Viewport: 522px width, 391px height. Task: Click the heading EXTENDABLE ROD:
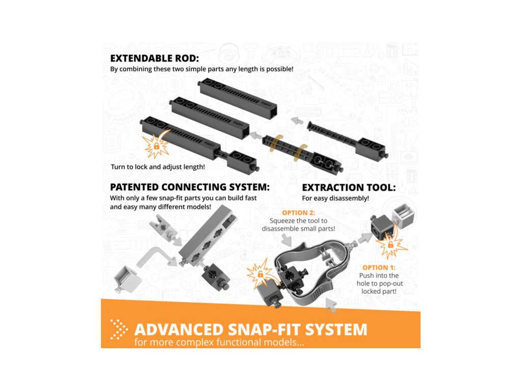pyautogui.click(x=154, y=58)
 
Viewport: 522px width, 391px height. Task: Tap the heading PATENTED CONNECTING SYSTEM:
pyautogui.click(x=190, y=187)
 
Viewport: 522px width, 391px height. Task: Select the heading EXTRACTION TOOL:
pyautogui.click(x=349, y=187)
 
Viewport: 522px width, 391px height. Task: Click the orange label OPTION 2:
pyautogui.click(x=299, y=213)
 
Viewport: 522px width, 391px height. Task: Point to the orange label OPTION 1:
pyautogui.click(x=379, y=268)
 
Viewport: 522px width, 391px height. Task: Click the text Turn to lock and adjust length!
pyautogui.click(x=158, y=167)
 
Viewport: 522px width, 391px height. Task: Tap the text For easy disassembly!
pyautogui.click(x=335, y=199)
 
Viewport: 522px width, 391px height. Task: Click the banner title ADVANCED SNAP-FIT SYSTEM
pyautogui.click(x=251, y=329)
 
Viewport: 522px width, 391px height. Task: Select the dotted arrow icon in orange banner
pyautogui.click(x=118, y=329)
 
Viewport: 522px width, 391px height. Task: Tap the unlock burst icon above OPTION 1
pyautogui.click(x=390, y=244)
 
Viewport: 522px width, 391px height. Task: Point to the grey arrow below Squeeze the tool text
pyautogui.click(x=286, y=239)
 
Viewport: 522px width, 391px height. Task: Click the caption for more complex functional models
pyautogui.click(x=219, y=343)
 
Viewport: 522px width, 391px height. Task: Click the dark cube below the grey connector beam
pyautogui.click(x=215, y=277)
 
